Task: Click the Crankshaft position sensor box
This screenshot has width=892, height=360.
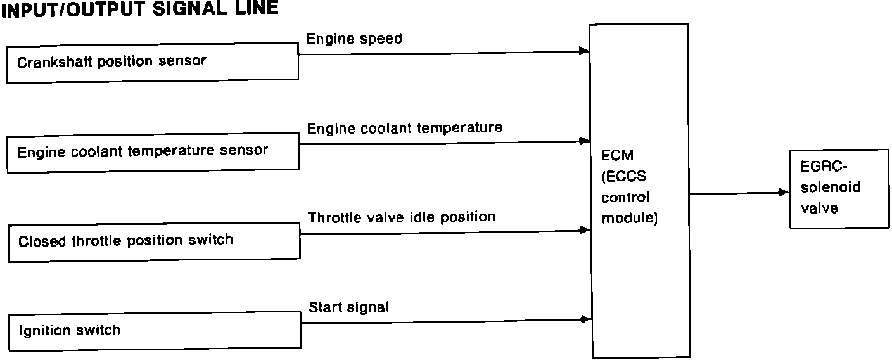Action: point(152,62)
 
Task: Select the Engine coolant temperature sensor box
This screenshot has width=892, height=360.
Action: point(153,151)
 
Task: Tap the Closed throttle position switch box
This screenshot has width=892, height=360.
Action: point(153,241)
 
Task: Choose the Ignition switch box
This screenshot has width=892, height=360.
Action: point(154,330)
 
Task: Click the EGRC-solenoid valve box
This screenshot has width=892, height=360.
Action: point(838,189)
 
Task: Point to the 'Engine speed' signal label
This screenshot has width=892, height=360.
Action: point(354,39)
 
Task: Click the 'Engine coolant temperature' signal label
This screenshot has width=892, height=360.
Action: point(405,128)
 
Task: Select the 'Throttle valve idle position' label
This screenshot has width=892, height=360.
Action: point(401,217)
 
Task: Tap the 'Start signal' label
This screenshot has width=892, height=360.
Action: point(348,308)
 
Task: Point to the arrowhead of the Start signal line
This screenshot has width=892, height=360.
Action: point(585,319)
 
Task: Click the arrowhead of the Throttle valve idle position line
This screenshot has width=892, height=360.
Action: point(585,230)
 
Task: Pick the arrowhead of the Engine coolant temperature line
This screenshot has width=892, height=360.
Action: point(585,141)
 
